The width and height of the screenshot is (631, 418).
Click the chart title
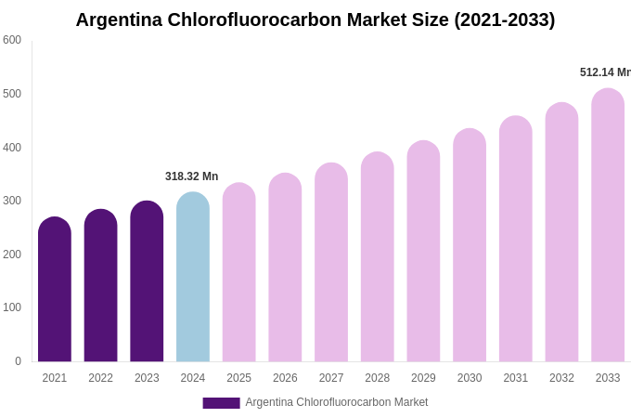[315, 20]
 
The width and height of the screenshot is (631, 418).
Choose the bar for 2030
[470, 245]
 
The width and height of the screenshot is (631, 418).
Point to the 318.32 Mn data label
[192, 176]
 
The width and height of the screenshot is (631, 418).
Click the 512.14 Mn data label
[605, 72]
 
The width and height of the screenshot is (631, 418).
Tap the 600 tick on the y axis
[12, 40]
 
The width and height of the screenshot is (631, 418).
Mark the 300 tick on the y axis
[12, 201]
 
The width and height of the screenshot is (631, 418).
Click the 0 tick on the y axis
[18, 361]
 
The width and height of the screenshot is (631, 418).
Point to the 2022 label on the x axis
[101, 378]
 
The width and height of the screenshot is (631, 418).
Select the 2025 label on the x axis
[239, 378]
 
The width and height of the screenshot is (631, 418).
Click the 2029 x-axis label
[423, 378]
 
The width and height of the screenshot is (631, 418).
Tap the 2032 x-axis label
[561, 378]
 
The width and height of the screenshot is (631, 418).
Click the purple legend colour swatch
[221, 403]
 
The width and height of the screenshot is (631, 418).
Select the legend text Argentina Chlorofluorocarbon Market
[337, 402]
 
